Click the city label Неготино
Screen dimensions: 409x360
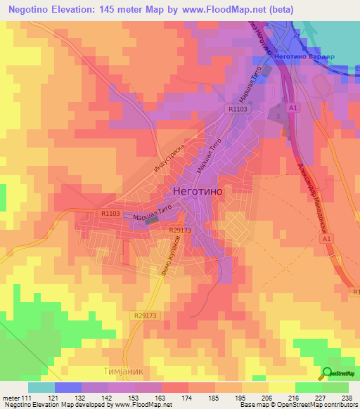197,190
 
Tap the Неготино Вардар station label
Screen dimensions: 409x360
304,57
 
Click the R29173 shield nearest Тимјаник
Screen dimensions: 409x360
146,317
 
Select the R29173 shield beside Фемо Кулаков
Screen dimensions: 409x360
181,229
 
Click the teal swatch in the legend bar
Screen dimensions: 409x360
41,387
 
